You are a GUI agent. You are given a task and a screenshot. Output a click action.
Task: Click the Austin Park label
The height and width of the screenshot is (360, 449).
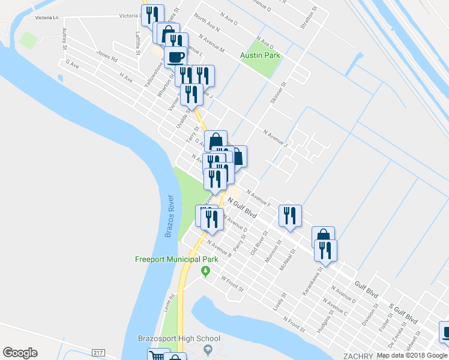(x=261, y=55)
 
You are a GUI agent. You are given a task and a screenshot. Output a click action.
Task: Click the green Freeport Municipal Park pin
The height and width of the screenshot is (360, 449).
(x=205, y=272)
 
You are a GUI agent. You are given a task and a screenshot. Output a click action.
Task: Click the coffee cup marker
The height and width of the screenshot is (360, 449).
(x=175, y=58)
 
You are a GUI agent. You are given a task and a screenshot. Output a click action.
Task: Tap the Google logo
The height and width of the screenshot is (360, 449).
(x=20, y=352)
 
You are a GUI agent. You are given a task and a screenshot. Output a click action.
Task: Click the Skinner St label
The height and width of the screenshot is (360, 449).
(x=279, y=93)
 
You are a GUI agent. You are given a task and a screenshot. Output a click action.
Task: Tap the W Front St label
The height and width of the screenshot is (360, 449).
(x=232, y=283)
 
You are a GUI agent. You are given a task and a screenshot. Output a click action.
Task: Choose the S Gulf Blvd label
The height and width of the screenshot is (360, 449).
(x=403, y=312)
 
